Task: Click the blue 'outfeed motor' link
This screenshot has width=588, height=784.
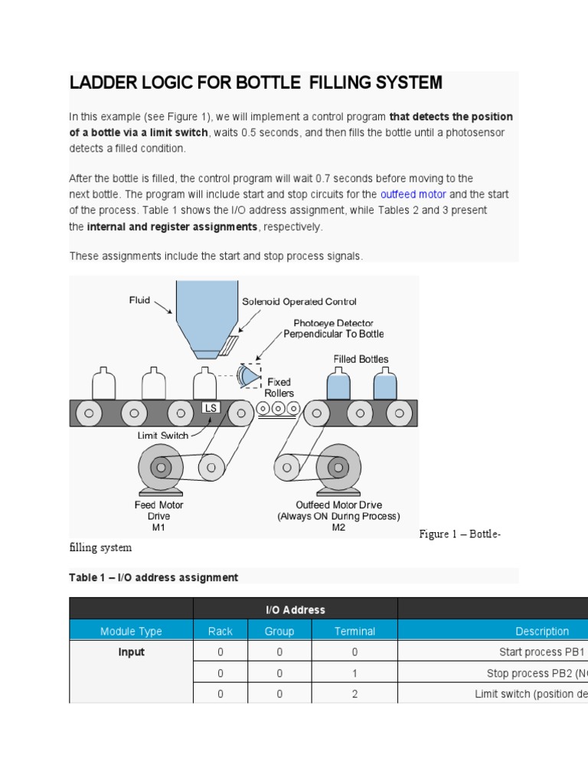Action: [x=413, y=194]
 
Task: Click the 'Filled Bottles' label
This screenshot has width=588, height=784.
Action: [x=361, y=359]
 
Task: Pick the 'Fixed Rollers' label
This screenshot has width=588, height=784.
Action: [x=279, y=387]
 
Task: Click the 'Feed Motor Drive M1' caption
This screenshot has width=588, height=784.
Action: [x=159, y=516]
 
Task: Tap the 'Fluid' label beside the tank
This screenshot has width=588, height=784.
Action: [x=139, y=301]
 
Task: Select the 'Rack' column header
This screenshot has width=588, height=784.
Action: [x=220, y=632]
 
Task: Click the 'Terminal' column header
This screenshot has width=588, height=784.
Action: [x=354, y=632]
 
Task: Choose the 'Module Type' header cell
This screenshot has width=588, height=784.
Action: [x=131, y=632]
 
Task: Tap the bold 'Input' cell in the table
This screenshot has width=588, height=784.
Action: [x=131, y=652]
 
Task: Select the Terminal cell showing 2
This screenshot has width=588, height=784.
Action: [x=354, y=694]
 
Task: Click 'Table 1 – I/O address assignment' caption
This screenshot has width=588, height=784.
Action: [x=154, y=578]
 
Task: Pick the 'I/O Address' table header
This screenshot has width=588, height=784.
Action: [x=296, y=610]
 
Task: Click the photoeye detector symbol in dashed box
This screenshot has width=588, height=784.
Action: [x=249, y=375]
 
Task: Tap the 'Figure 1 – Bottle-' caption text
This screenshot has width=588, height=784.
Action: [x=460, y=534]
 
